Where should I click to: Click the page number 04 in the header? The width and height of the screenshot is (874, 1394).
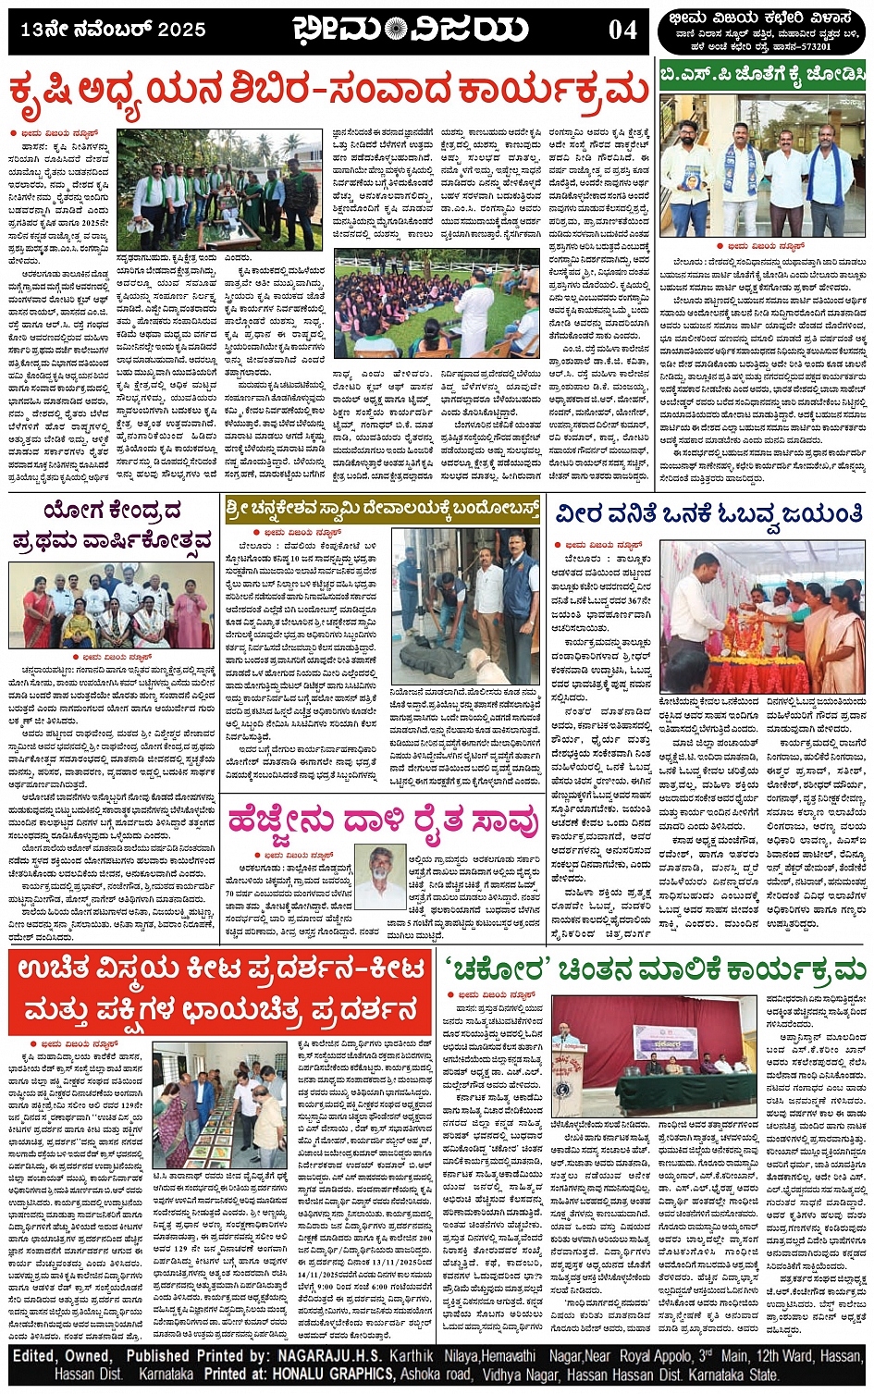622,30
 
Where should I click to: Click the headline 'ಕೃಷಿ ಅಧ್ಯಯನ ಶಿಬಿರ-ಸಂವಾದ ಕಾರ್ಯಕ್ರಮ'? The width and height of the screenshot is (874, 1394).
328,93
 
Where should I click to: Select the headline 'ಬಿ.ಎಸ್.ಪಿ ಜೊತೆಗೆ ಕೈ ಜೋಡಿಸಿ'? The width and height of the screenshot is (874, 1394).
762,74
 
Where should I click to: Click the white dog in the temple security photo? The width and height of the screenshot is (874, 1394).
482,663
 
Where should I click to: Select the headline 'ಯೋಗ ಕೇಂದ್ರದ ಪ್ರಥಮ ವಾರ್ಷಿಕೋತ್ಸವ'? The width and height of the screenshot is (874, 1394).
113,525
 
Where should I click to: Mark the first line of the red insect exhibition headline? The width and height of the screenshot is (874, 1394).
220,968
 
